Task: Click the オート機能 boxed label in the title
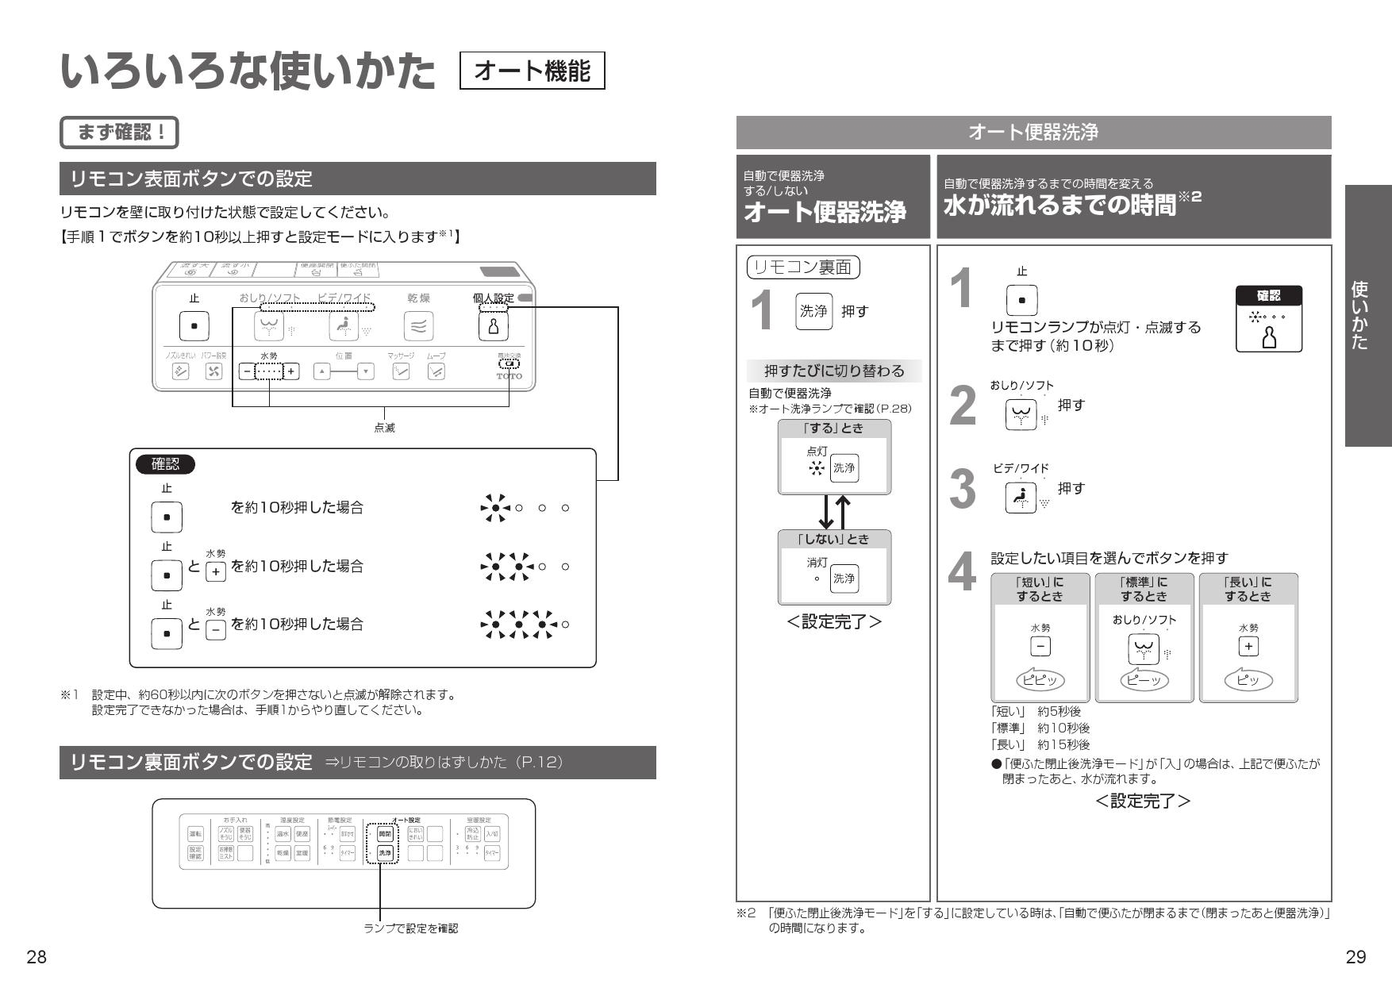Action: [532, 71]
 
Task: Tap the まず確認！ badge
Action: [120, 133]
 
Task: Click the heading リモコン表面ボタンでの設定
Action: [190, 179]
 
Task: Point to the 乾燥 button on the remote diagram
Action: [418, 325]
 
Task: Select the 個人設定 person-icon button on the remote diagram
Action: [493, 326]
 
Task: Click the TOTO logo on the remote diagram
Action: [509, 376]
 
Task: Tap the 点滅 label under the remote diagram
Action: [384, 428]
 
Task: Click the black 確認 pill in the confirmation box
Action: [165, 464]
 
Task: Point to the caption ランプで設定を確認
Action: [410, 928]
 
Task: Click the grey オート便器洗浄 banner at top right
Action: [1033, 133]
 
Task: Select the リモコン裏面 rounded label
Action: [803, 267]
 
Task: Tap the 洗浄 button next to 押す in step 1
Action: [813, 311]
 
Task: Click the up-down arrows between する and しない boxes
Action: [834, 512]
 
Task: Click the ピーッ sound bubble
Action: [1144, 680]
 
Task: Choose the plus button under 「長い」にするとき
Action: [1248, 647]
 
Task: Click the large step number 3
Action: [963, 490]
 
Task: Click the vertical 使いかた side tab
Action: [1368, 316]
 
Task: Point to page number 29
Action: [1355, 957]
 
